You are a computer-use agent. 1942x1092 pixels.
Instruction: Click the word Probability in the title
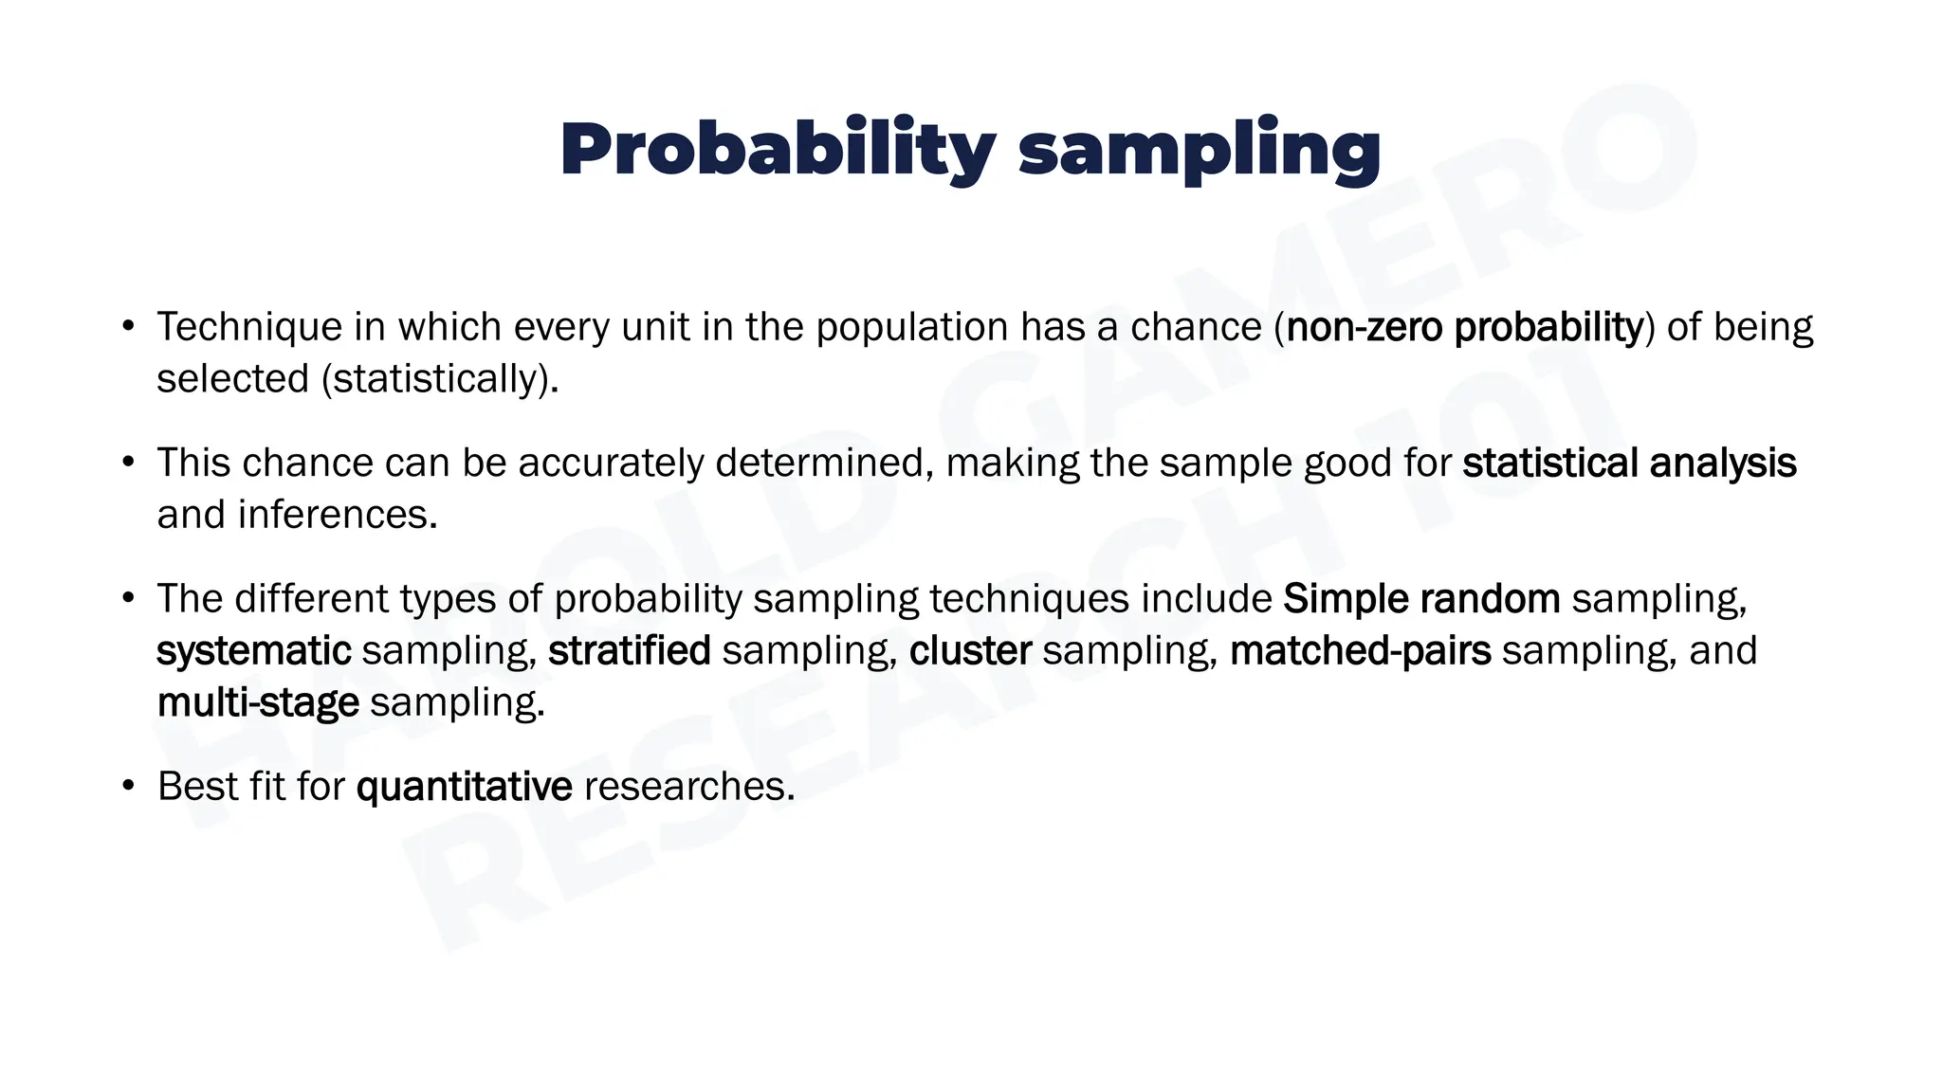(x=778, y=150)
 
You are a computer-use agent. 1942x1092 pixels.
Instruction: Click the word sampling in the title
(x=1199, y=150)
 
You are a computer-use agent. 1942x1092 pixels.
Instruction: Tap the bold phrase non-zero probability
(x=1464, y=327)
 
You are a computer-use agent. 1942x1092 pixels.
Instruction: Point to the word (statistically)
(x=440, y=379)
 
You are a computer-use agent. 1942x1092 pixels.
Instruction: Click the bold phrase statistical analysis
(x=1628, y=464)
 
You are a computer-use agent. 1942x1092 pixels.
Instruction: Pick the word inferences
(x=337, y=515)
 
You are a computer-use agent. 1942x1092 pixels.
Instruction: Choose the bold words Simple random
(x=1420, y=599)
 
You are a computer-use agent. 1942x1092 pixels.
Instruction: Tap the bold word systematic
(x=253, y=651)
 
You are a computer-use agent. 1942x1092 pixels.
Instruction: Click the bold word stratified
(x=629, y=651)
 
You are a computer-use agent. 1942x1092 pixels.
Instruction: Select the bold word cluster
(x=969, y=651)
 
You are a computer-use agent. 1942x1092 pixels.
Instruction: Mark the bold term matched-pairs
(x=1359, y=651)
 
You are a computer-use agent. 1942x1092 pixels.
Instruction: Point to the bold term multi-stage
(x=257, y=703)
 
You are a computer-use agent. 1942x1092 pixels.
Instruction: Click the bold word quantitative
(x=464, y=787)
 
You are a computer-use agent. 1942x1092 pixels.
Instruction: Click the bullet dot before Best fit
(x=129, y=787)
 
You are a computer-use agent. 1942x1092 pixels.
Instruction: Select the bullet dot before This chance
(x=129, y=464)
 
